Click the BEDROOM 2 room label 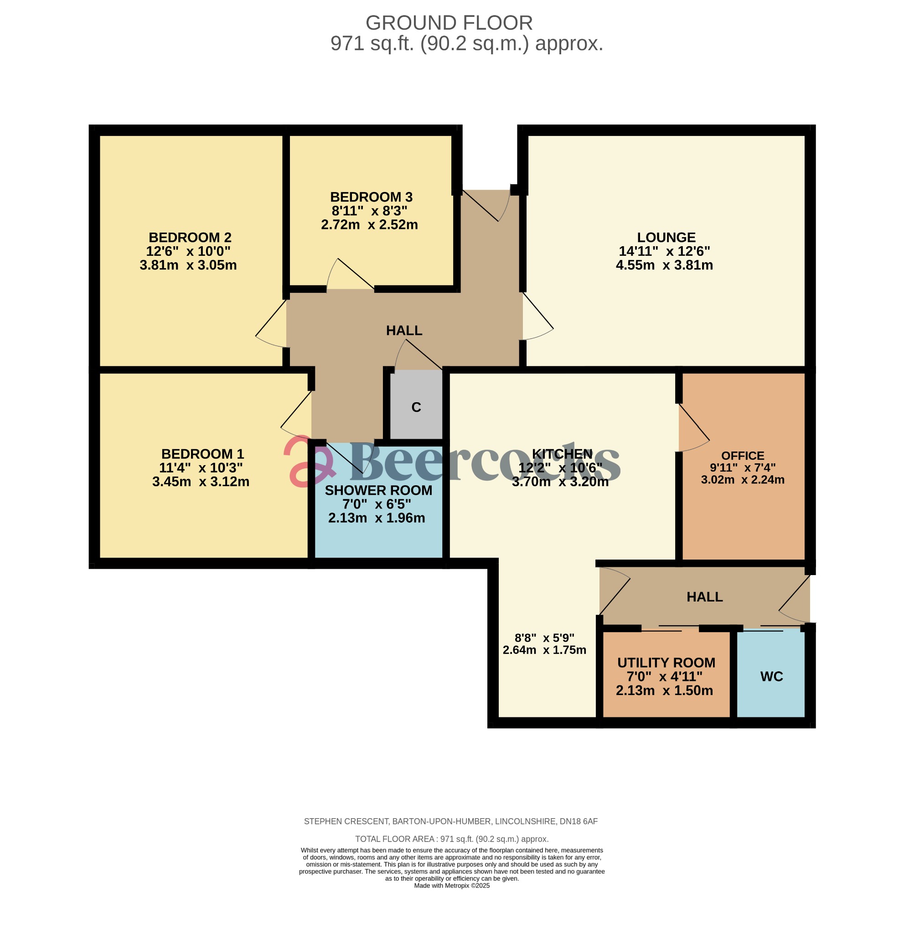pos(190,237)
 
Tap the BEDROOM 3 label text pos(371,197)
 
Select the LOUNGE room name pos(666,237)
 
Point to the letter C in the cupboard pos(416,407)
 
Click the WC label pos(771,676)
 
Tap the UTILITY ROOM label pos(666,662)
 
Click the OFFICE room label pos(742,456)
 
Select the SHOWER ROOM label pos(378,490)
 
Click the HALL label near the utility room pos(704,597)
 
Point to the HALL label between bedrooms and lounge pos(404,330)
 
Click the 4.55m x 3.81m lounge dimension pos(664,265)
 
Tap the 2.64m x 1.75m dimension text pos(544,650)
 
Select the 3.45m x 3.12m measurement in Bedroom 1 pos(201,481)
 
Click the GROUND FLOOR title pos(449,23)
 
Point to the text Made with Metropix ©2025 pos(451,885)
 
